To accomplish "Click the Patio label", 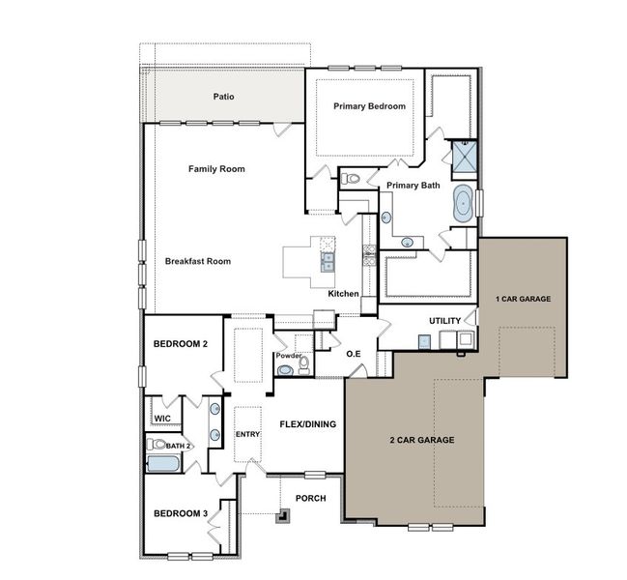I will (224, 97).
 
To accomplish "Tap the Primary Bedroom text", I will (369, 106).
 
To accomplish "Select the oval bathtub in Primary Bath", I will (464, 205).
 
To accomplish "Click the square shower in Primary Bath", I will (465, 155).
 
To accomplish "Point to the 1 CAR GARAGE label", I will (523, 299).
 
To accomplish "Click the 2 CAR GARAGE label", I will (421, 440).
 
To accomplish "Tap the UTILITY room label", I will (445, 321).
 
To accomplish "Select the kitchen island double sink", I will (328, 259).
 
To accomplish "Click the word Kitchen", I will (344, 293).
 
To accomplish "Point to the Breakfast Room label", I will (197, 261).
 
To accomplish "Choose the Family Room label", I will (216, 169).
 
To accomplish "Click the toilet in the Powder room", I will (299, 366).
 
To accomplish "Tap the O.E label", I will (354, 355).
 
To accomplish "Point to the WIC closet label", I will (162, 419).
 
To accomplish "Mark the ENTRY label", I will (248, 434).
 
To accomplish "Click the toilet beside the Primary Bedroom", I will (353, 179).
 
